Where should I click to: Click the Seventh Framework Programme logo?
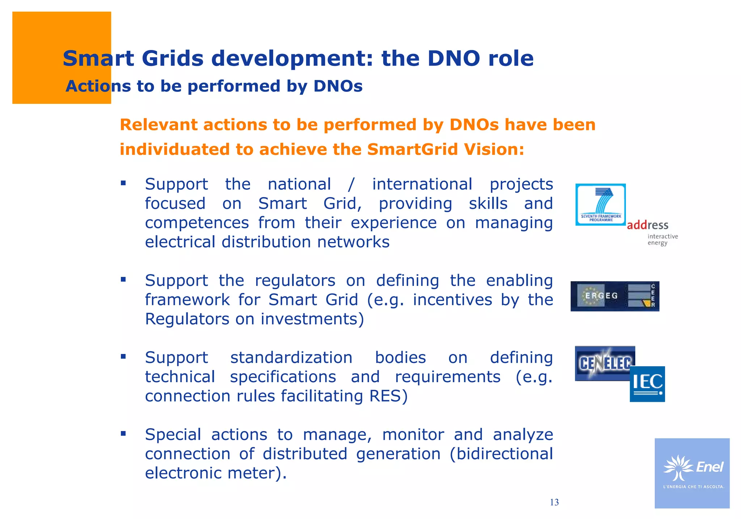pyautogui.click(x=600, y=204)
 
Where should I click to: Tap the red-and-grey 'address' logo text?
pyautogui.click(x=647, y=225)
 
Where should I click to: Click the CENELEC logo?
pyautogui.click(x=605, y=363)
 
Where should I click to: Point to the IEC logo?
pyautogui.click(x=647, y=384)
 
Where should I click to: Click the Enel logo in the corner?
pyautogui.click(x=692, y=473)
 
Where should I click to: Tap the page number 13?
pyautogui.click(x=554, y=502)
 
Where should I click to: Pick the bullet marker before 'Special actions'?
pyautogui.click(x=123, y=433)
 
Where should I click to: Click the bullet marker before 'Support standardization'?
pyautogui.click(x=123, y=356)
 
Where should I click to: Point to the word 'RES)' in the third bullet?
pyautogui.click(x=388, y=396)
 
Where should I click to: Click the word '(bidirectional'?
pyautogui.click(x=501, y=454)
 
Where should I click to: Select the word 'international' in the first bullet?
pyautogui.click(x=422, y=184)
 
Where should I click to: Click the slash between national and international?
pyautogui.click(x=351, y=184)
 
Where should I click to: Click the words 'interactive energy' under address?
pyautogui.click(x=662, y=240)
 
